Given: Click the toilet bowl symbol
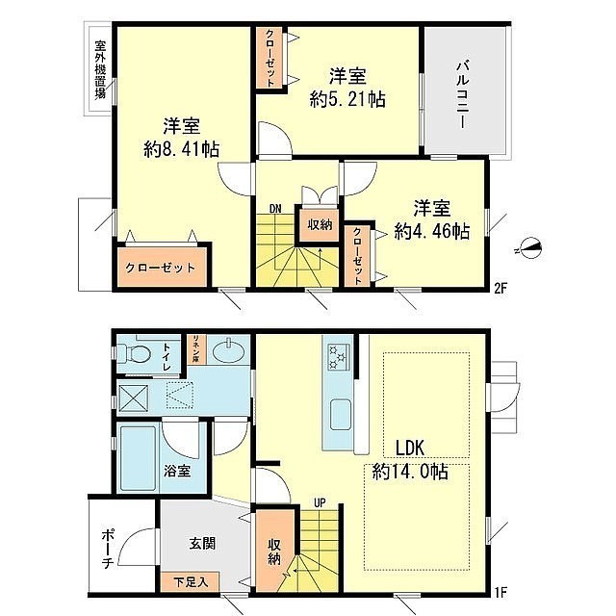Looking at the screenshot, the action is click(134, 353).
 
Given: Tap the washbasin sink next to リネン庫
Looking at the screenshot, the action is click(229, 350).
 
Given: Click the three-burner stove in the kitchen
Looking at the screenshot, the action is click(339, 357).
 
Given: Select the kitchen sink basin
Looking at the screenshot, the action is click(341, 415).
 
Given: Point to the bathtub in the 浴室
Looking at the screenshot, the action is click(138, 458).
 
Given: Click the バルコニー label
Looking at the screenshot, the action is click(463, 94).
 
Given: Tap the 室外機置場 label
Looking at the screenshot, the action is click(100, 70).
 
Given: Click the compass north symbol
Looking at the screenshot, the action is click(531, 248).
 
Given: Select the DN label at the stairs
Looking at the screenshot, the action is click(275, 209).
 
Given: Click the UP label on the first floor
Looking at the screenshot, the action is click(321, 503).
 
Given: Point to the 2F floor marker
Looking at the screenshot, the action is click(500, 289).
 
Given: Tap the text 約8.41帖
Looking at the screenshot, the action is click(182, 149).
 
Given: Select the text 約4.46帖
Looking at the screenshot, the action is click(432, 231).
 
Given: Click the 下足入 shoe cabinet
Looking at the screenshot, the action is click(191, 581).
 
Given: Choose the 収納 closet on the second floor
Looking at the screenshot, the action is click(320, 224).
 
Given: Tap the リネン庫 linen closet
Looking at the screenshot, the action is click(194, 349).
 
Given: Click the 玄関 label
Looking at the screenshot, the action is click(202, 544).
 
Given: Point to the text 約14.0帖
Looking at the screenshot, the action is click(410, 471).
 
